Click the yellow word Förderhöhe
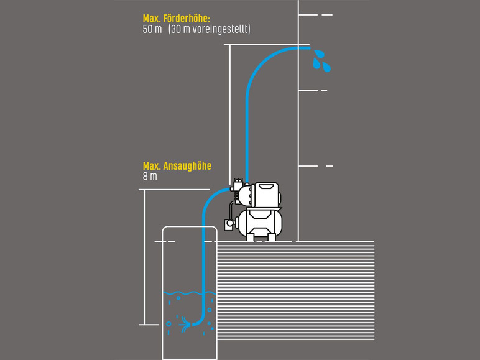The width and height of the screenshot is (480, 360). [x=186, y=19]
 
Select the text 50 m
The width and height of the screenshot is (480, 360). [x=152, y=29]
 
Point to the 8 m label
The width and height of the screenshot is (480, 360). [x=150, y=177]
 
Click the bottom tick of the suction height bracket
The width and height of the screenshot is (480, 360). [x=149, y=324]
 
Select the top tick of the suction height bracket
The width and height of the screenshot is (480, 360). [x=149, y=190]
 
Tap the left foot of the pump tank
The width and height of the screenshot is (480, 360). [x=250, y=238]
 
